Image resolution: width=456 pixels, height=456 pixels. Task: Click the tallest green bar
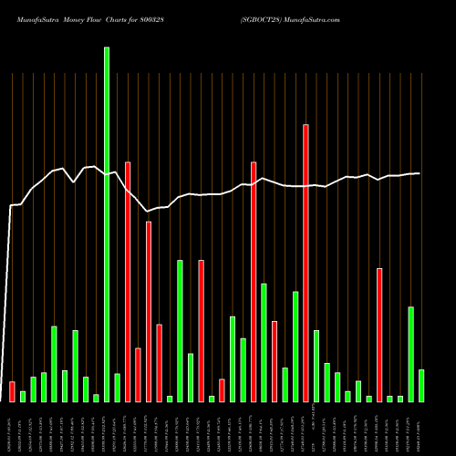click(107, 224)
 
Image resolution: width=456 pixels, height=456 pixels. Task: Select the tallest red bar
click(306, 263)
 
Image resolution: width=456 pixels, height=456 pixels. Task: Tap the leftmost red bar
click(12, 391)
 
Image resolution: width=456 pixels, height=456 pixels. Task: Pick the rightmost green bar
click(421, 385)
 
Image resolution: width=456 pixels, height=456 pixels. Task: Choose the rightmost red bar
click(379, 335)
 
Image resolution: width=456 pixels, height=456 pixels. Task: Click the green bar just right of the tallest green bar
click(118, 388)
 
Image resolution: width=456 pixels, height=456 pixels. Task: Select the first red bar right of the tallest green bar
click(128, 282)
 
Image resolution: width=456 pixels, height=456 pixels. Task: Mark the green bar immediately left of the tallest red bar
click(295, 347)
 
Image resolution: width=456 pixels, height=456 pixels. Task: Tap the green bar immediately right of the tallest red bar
click(316, 366)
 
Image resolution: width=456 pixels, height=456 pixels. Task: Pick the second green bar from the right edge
click(411, 354)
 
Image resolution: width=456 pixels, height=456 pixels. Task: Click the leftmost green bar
click(23, 396)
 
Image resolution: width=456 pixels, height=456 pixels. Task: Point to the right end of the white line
click(420, 173)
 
